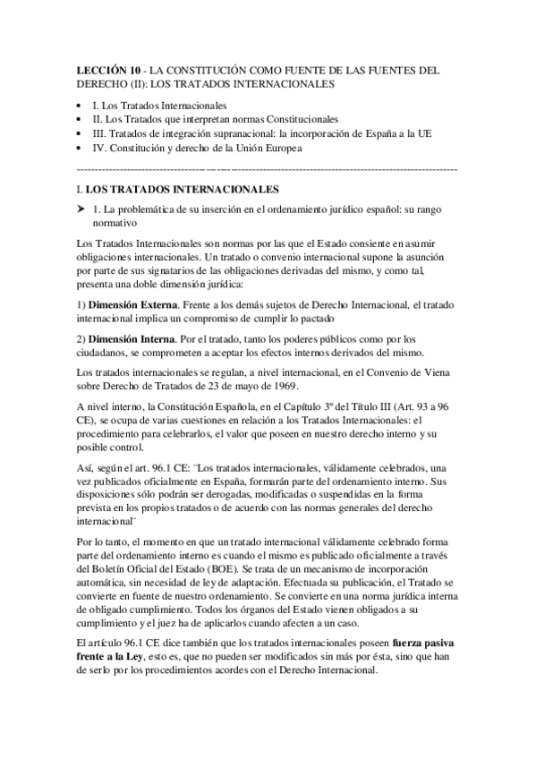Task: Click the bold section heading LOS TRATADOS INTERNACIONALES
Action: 183,190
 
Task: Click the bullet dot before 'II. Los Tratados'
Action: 80,120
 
